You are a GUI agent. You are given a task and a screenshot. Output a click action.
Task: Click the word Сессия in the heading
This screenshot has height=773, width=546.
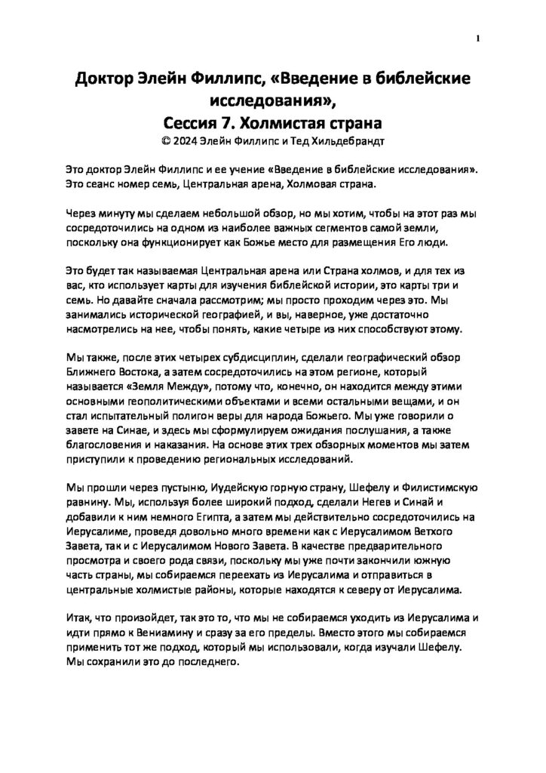(192, 122)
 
